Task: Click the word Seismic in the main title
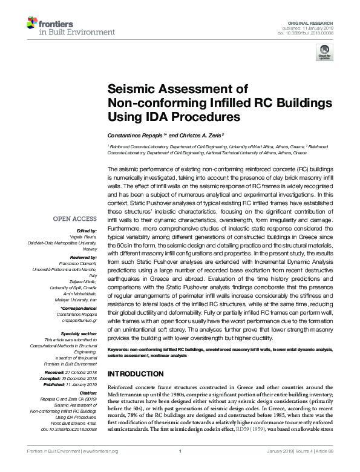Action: click(129, 88)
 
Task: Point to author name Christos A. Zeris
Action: click(198, 134)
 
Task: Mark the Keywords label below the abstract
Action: click(120, 350)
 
